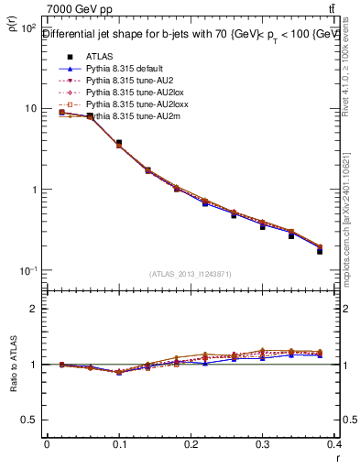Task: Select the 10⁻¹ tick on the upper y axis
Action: pyautogui.click(x=27, y=271)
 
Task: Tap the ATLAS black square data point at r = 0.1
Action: pyautogui.click(x=119, y=143)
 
